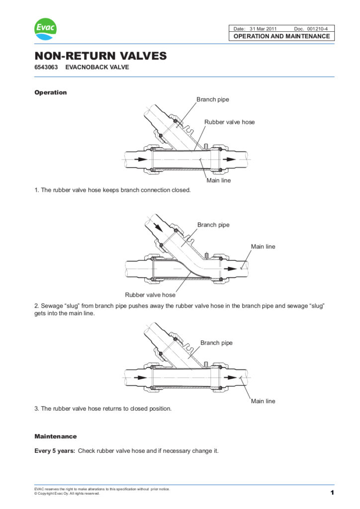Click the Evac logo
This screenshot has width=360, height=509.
tap(45, 30)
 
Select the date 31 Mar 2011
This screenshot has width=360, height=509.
tap(267, 29)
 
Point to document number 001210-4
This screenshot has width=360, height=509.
tap(317, 29)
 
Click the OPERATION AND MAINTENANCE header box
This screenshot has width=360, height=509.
tap(281, 36)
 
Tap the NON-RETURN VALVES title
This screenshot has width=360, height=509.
tap(100, 56)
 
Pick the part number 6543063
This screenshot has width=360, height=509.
tap(46, 67)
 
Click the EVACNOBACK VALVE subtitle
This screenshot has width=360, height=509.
tap(97, 67)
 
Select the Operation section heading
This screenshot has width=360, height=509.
tap(50, 92)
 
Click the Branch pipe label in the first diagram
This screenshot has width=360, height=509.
tap(213, 99)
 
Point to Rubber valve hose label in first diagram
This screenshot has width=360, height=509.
tap(229, 122)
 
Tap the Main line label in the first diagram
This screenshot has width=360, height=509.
tap(218, 180)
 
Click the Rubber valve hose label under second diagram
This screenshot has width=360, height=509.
tap(150, 295)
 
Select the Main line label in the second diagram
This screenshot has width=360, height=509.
tap(263, 247)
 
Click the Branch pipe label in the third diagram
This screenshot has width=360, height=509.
tap(216, 342)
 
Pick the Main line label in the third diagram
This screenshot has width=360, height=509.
tap(263, 401)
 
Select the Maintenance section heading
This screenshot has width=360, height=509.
tap(55, 436)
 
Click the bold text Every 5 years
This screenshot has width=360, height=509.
tap(55, 451)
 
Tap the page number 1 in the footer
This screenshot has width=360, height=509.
tap(332, 493)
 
